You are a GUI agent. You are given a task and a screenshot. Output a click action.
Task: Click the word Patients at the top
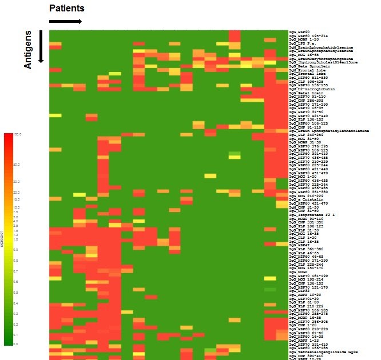tap(67, 8)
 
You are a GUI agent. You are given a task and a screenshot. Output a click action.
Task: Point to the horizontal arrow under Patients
tap(65, 22)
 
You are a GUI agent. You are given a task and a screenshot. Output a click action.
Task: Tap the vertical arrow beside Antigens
tap(41, 46)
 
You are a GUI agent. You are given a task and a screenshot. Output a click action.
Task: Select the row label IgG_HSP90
tap(300, 32)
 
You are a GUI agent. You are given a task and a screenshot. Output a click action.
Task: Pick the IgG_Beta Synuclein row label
tap(309, 66)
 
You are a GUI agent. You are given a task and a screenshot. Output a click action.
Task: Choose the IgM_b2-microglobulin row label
tap(312, 89)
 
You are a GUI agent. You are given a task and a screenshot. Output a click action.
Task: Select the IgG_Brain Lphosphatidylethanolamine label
tap(329, 131)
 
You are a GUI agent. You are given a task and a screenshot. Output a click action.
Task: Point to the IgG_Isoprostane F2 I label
tap(312, 214)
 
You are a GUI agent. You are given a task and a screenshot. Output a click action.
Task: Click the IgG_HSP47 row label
tap(300, 245)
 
